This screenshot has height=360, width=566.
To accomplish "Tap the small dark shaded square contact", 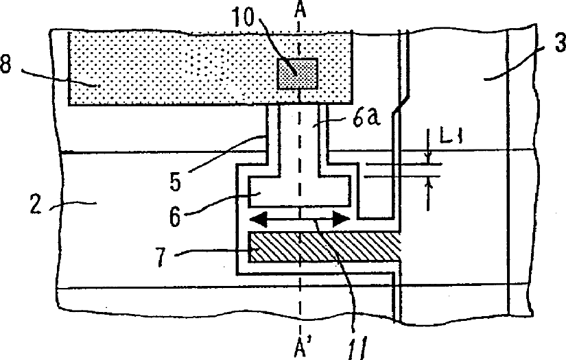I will (x=296, y=73).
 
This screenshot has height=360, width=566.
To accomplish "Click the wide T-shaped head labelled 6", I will (x=300, y=189).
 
